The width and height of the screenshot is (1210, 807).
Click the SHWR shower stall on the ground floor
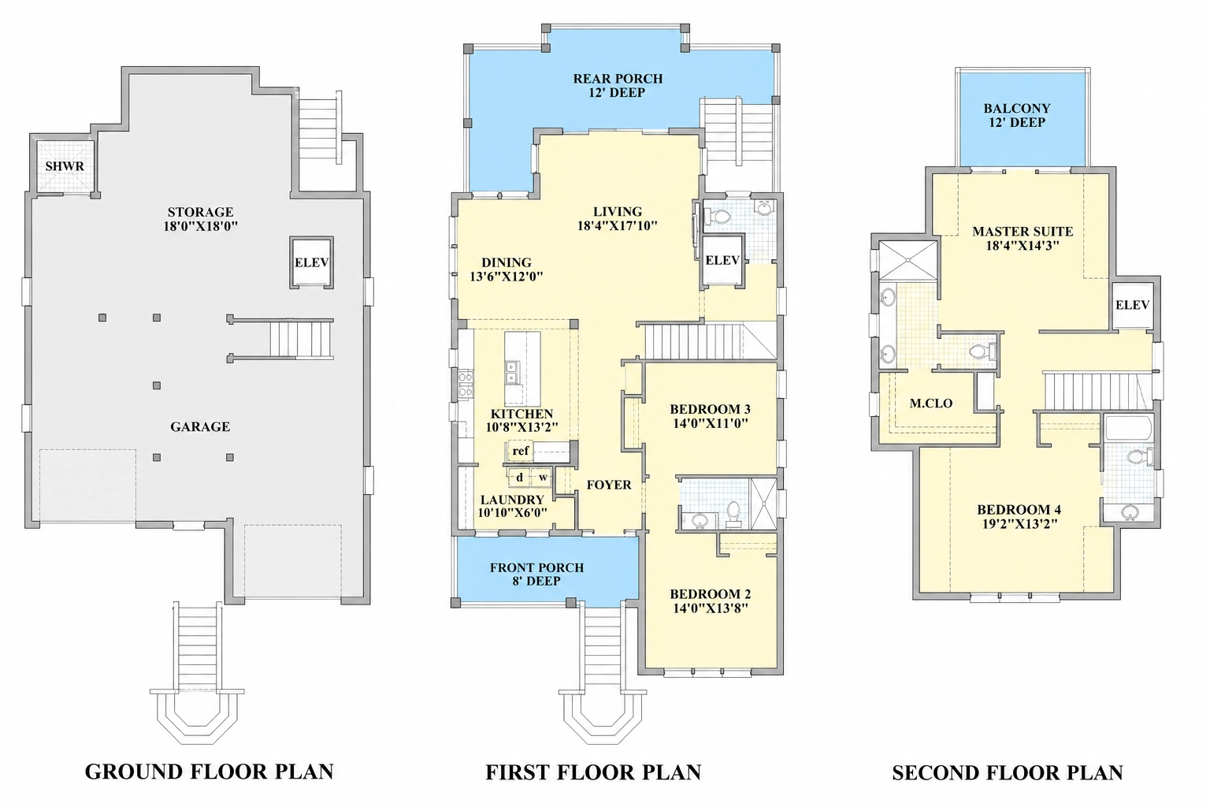[x=65, y=165]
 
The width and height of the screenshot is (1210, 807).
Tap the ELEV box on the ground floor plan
[x=311, y=262]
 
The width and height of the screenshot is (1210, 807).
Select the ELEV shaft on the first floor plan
[x=722, y=260]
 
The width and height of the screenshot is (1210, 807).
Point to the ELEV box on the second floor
[x=1132, y=305]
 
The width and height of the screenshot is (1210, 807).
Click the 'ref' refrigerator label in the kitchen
[x=521, y=451]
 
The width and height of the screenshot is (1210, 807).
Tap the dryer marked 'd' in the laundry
[x=519, y=478]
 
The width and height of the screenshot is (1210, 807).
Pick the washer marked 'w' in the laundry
[x=542, y=478]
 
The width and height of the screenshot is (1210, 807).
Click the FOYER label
[x=609, y=485]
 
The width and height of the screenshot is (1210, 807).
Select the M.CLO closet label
[x=930, y=403]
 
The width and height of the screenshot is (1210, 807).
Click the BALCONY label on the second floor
[x=1017, y=109]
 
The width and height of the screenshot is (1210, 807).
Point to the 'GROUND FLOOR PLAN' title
[x=209, y=772]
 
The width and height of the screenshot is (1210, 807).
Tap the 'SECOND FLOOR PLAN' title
[x=1008, y=773]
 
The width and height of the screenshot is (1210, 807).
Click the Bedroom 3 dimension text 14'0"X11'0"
[x=711, y=423]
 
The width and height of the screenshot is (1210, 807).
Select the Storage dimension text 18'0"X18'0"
[x=200, y=226]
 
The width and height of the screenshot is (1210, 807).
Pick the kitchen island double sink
[x=511, y=373]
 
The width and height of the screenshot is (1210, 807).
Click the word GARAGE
[x=200, y=427]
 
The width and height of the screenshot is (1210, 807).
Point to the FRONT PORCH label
[x=537, y=567]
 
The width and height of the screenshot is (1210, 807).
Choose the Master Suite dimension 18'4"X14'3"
[x=1023, y=246]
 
